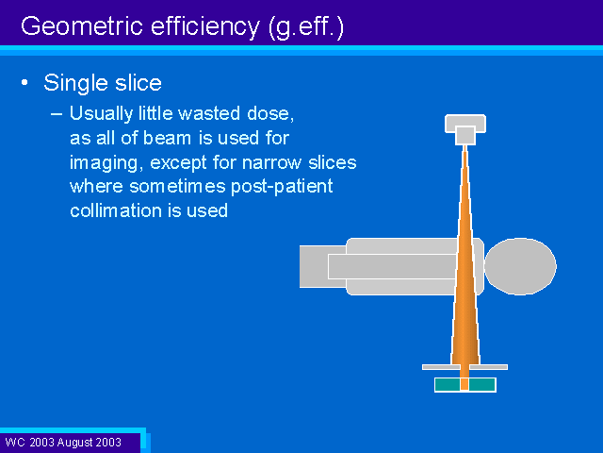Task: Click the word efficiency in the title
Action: (205, 27)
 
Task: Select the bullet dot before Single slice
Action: (25, 82)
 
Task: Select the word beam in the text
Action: (167, 138)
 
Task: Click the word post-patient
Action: (282, 187)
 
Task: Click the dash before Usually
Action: (57, 114)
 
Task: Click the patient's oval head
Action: (520, 266)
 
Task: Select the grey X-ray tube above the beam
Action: (465, 129)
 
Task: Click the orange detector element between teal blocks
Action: (464, 384)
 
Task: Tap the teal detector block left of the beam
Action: (448, 384)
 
